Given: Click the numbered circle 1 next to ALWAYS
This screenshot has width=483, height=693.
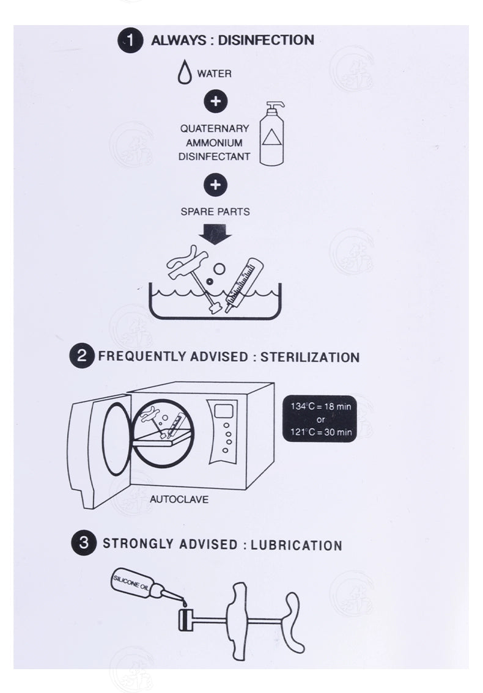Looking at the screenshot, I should coord(130,40).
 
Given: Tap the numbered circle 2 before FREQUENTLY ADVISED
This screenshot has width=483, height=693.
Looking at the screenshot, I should coord(82,356).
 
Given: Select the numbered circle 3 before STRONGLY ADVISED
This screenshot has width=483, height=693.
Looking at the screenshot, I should coord(84,543).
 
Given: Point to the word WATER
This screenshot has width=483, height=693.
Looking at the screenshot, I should coord(214,74).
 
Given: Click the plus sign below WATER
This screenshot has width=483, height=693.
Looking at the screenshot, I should coord(215,101).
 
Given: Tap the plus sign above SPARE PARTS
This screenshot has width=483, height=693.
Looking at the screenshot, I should coord(215,185).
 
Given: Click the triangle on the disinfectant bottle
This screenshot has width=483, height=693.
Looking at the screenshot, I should coord(271,137).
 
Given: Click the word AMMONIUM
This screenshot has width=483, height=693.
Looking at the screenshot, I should coord(206,142).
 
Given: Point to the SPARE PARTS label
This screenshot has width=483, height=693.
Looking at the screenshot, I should coord(215,212).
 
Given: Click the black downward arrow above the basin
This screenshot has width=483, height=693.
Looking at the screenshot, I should coord(215,233).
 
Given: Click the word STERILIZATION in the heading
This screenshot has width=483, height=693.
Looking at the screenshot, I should coord(310,357).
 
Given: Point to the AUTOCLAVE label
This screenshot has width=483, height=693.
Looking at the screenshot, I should coord(179,499).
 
